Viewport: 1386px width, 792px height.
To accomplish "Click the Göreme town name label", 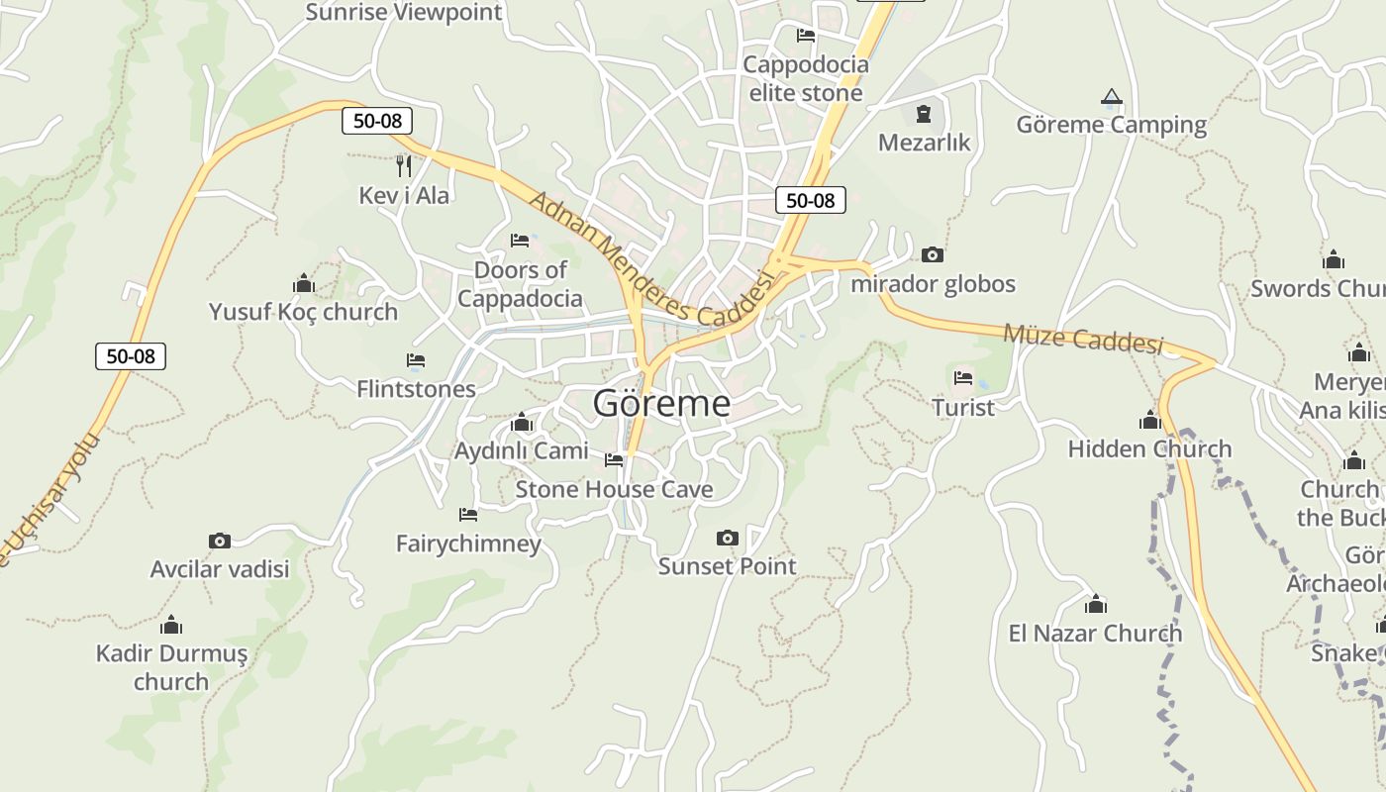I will click(661, 403).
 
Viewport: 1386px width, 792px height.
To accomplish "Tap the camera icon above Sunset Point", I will click(727, 538).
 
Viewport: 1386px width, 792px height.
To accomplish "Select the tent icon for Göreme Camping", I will click(1111, 97).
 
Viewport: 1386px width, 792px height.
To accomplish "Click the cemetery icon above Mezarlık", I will click(924, 114).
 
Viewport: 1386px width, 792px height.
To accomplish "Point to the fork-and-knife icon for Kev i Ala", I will click(403, 165).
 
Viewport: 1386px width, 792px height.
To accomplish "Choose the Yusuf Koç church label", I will click(303, 312).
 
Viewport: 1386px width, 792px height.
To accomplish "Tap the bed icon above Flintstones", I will click(416, 360).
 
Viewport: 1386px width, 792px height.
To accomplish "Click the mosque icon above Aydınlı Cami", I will click(521, 424).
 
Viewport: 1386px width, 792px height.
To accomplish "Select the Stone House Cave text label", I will click(614, 489).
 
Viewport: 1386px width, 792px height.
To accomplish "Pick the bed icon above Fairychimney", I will click(468, 515).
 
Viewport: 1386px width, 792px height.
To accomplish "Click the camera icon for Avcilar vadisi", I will click(220, 541).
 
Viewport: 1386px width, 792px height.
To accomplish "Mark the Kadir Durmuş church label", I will click(171, 667).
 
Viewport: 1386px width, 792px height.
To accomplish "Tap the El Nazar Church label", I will click(1095, 633).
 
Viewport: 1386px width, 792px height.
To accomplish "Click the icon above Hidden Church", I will click(1149, 421).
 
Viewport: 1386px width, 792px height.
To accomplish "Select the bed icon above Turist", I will click(963, 378).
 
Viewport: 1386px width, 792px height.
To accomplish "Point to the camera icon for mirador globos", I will click(932, 255).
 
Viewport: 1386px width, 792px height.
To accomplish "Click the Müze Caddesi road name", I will click(1083, 339).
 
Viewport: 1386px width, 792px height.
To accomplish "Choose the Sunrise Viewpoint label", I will click(404, 13).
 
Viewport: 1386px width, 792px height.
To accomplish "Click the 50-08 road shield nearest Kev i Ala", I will click(377, 121).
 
